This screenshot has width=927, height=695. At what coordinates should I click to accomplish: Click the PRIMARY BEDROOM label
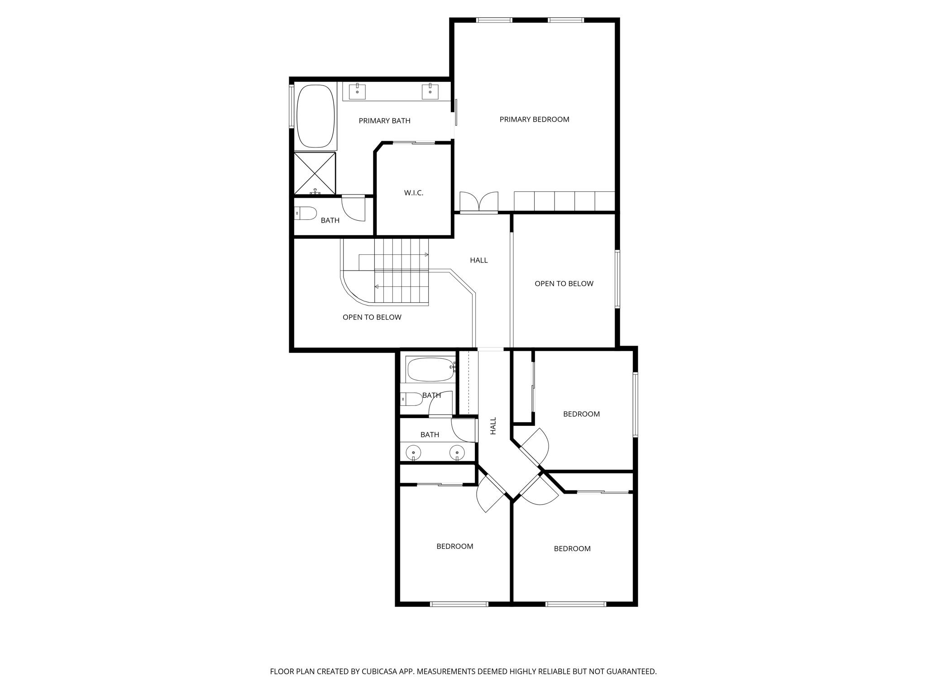pyautogui.click(x=534, y=119)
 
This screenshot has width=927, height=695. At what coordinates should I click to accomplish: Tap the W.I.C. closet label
pyautogui.click(x=414, y=193)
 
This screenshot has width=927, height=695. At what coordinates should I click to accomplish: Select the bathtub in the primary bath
pyautogui.click(x=315, y=116)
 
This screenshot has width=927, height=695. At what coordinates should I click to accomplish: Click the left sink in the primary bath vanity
pyautogui.click(x=357, y=92)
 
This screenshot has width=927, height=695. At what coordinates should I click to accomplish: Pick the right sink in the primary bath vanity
pyautogui.click(x=430, y=92)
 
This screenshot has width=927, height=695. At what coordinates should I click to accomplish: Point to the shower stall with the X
pyautogui.click(x=315, y=173)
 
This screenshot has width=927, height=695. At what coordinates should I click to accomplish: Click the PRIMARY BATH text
pyautogui.click(x=384, y=121)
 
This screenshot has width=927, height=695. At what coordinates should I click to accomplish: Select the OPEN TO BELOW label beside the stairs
pyautogui.click(x=372, y=317)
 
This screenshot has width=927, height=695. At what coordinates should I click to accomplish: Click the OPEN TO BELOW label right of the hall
pyautogui.click(x=564, y=284)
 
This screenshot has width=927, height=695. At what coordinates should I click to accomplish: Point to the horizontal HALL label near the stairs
pyautogui.click(x=478, y=260)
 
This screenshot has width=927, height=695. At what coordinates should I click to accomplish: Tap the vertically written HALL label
pyautogui.click(x=493, y=426)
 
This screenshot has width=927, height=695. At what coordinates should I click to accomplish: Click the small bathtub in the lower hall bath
pyautogui.click(x=430, y=369)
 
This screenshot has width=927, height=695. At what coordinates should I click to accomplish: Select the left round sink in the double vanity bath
pyautogui.click(x=413, y=452)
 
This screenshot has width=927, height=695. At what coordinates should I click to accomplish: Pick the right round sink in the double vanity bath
pyautogui.click(x=457, y=452)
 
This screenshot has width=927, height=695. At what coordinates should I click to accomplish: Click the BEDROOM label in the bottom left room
pyautogui.click(x=454, y=547)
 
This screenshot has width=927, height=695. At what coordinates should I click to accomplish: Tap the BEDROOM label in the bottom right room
pyautogui.click(x=572, y=549)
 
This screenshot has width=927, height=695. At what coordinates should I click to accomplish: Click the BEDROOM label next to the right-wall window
pyautogui.click(x=581, y=414)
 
